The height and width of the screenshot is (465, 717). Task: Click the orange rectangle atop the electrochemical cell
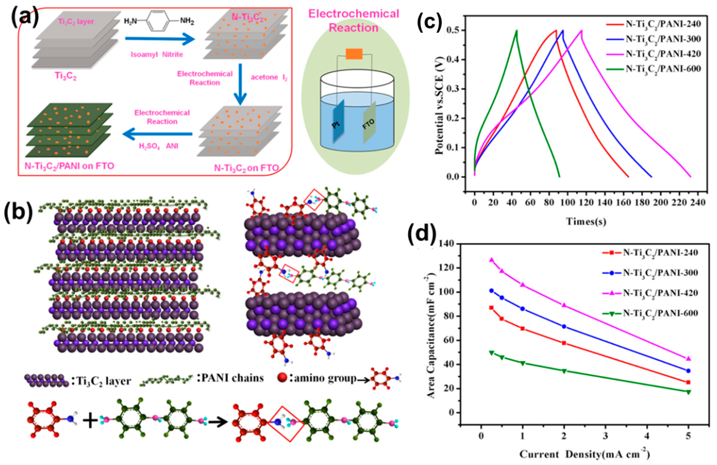tap(354, 54)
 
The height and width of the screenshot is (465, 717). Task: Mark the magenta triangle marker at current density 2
tap(564, 305)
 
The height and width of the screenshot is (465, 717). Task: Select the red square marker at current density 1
tap(523, 328)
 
